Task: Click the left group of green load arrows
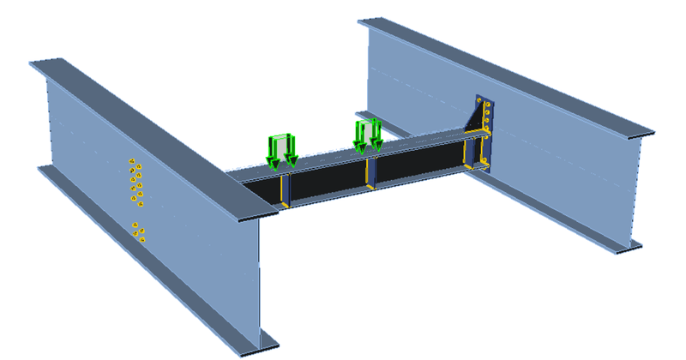coord(281,149)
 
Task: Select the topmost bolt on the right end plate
coord(487,104)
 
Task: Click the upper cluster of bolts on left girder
coord(134,179)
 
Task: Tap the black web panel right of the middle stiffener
coord(416,167)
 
